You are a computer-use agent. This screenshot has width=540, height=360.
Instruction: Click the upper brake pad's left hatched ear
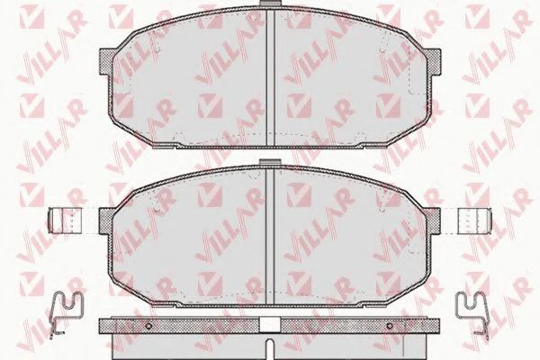click(106, 61)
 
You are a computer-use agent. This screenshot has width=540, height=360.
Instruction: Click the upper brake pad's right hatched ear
click(434, 61)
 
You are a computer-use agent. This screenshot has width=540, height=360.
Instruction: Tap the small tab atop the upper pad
click(270, 3)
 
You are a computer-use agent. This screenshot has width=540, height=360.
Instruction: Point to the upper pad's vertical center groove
click(270, 76)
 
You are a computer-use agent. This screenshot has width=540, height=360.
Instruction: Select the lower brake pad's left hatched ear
click(105, 220)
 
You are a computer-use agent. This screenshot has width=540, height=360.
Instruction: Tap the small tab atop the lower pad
click(270, 162)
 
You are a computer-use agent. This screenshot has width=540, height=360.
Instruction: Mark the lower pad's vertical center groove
click(270, 236)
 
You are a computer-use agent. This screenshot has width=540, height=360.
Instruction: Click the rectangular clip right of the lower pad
click(474, 220)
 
